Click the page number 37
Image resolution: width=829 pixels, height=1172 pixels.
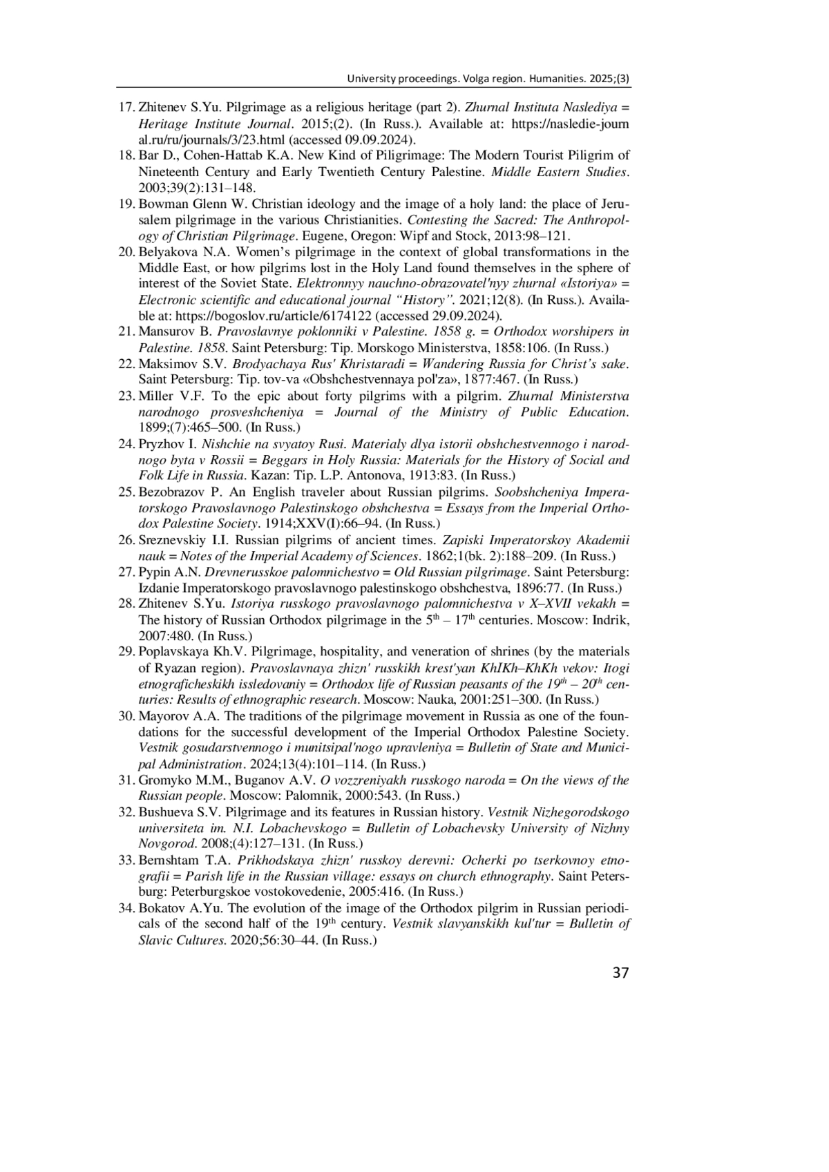pos(620,973)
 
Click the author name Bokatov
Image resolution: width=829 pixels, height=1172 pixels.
pos(162,908)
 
